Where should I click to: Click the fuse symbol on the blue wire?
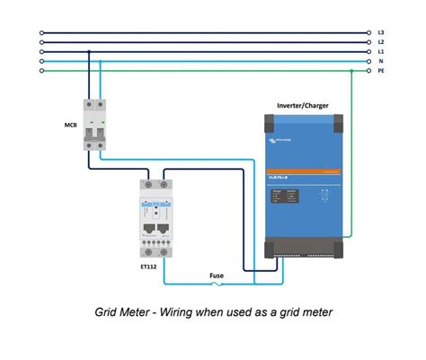(217, 286)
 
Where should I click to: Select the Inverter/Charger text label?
(303, 105)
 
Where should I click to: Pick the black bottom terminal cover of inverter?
(304, 247)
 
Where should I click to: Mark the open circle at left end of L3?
(41, 32)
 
